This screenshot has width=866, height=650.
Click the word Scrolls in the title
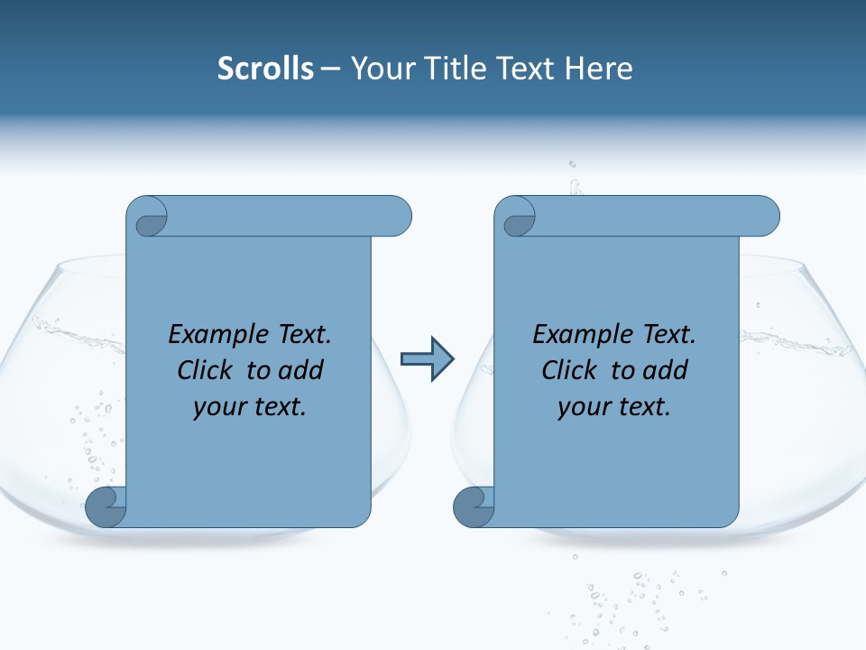(266, 69)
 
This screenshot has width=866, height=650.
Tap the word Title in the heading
(453, 69)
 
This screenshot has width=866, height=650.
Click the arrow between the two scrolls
(427, 359)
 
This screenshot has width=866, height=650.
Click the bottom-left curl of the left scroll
(106, 507)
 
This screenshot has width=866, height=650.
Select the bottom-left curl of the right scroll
(474, 507)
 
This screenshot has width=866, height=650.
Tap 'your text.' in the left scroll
(250, 407)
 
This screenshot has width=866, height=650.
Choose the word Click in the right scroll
(569, 371)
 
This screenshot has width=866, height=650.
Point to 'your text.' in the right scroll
(614, 407)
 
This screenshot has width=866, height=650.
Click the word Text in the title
(530, 69)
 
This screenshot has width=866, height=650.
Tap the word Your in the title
(379, 69)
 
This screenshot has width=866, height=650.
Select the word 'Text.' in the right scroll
(667, 335)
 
